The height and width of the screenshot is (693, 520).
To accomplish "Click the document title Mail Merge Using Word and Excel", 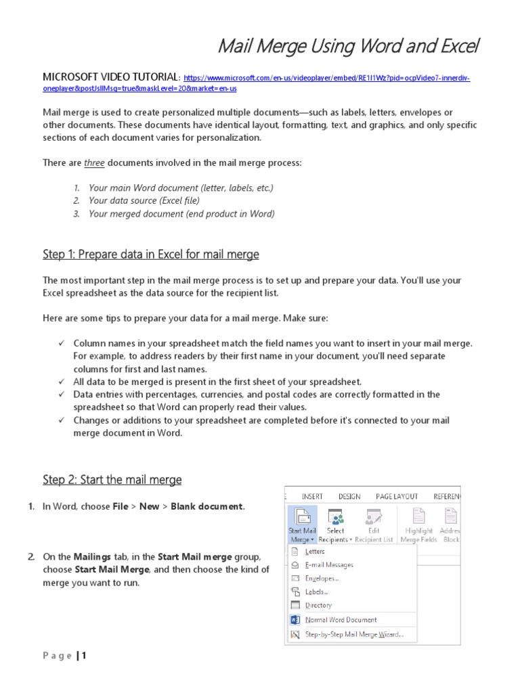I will point(347,47).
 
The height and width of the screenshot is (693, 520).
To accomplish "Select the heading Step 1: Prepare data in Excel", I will point(150,254).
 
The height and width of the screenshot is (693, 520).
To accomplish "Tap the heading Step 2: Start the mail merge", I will point(112,480).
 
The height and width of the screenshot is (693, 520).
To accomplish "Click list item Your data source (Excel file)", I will point(144,200).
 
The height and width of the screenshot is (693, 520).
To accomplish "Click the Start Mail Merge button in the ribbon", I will point(302,525).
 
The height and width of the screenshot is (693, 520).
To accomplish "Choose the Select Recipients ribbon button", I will point(336,525).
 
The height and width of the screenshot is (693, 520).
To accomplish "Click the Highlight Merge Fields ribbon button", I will point(418,525).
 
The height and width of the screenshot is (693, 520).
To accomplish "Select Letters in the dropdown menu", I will point(315,551).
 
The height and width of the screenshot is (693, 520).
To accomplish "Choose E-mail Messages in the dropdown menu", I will point(329,564).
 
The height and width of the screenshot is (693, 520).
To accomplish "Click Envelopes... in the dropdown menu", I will point(322,578).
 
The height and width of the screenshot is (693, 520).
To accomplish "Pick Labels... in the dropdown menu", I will point(316,591).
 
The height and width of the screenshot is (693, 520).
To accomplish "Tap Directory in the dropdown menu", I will point(318,605).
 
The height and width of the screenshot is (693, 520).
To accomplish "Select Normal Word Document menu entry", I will point(341,619).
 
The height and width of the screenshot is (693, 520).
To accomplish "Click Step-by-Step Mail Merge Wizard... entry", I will point(353,634).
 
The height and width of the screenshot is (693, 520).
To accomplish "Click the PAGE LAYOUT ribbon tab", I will point(397,496).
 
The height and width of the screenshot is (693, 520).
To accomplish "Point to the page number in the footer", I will point(85,655).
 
